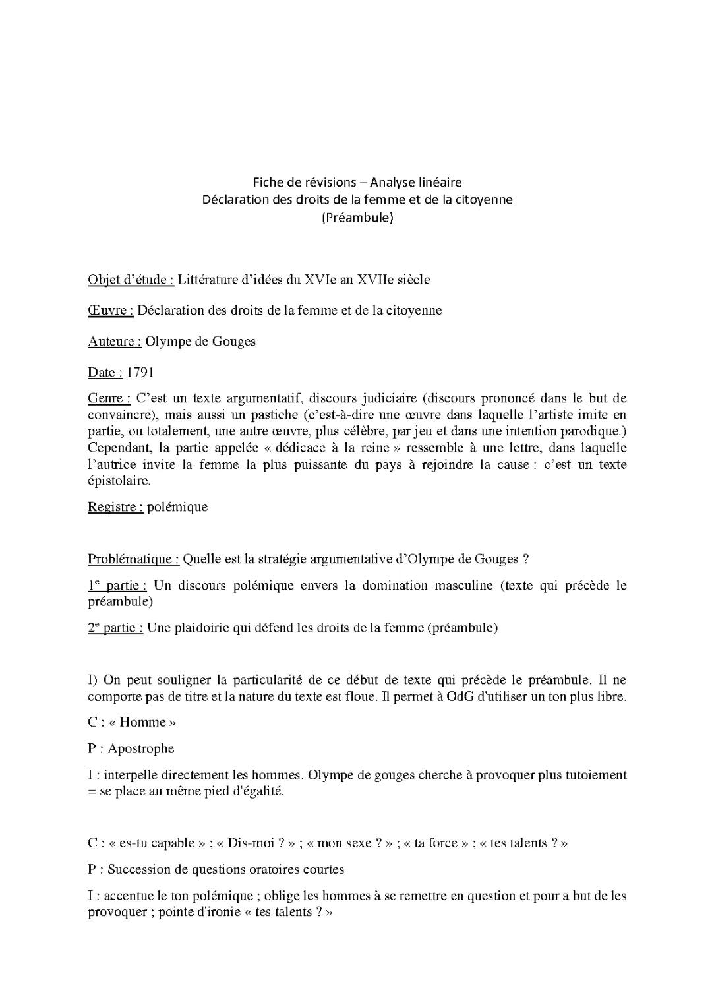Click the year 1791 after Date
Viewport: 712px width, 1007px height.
[x=140, y=373]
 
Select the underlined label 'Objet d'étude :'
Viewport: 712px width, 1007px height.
[x=131, y=280]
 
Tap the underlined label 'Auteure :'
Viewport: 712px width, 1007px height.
[x=114, y=342]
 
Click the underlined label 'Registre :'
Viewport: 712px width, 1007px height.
[x=115, y=507]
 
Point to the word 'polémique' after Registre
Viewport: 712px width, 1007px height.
[x=177, y=507]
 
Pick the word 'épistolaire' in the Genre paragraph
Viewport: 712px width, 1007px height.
[x=119, y=481]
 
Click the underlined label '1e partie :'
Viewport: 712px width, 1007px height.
[x=117, y=586]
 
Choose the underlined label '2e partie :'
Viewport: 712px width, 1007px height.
[x=115, y=628]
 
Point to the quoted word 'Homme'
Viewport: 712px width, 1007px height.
[x=142, y=722]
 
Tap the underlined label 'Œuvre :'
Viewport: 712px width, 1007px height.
[x=111, y=311]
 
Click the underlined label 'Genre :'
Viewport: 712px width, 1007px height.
[x=109, y=398]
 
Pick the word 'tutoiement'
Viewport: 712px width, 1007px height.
[x=596, y=775]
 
